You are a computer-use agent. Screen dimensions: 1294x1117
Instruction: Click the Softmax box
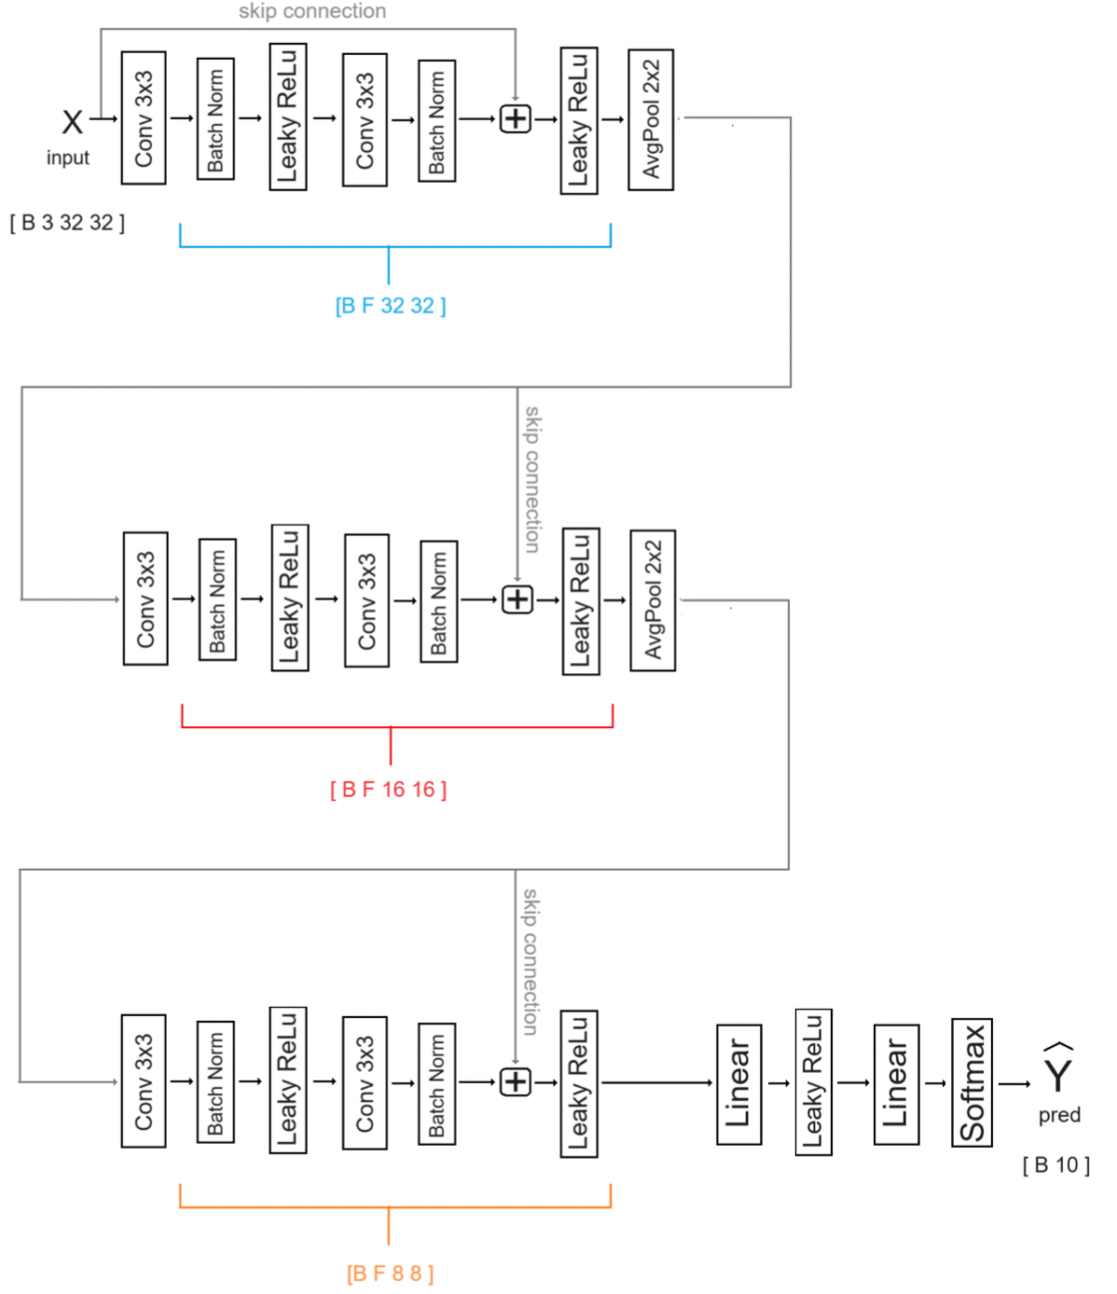pyautogui.click(x=972, y=1082)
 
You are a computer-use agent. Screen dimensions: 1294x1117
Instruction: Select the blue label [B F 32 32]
pyautogui.click(x=390, y=306)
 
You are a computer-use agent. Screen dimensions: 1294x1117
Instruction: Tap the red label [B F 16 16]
pyautogui.click(x=388, y=790)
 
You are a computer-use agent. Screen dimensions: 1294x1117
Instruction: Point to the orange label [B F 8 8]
pyautogui.click(x=390, y=1273)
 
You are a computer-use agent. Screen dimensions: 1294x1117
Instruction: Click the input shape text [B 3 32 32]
pyautogui.click(x=67, y=223)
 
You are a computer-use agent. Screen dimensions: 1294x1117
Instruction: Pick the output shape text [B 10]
pyautogui.click(x=1055, y=1165)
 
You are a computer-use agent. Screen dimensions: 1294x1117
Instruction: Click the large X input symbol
pyautogui.click(x=72, y=121)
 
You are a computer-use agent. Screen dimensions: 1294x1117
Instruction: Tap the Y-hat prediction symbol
pyautogui.click(x=1058, y=1070)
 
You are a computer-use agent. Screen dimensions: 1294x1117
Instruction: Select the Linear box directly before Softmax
pyautogui.click(x=896, y=1084)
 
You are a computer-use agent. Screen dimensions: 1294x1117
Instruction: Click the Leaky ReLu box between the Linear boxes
pyautogui.click(x=813, y=1082)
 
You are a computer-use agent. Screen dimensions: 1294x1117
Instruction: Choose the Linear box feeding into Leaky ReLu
pyautogui.click(x=738, y=1084)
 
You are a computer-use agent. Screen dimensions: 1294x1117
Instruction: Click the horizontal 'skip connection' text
pyautogui.click(x=312, y=11)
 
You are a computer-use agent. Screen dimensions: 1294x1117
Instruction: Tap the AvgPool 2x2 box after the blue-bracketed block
pyautogui.click(x=651, y=119)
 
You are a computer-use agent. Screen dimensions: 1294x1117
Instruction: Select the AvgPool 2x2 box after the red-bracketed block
pyautogui.click(x=653, y=600)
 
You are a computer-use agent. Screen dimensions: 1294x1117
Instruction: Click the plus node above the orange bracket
pyautogui.click(x=516, y=1081)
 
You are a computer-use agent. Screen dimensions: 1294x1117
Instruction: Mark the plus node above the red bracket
pyautogui.click(x=517, y=599)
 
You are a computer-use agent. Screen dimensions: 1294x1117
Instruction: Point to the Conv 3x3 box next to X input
pyautogui.click(x=144, y=118)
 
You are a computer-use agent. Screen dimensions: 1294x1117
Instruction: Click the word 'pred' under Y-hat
pyautogui.click(x=1059, y=1115)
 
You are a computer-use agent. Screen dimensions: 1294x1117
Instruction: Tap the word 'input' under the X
pyautogui.click(x=68, y=158)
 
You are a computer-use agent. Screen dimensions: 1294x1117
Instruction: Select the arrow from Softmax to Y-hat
pyautogui.click(x=1014, y=1083)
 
